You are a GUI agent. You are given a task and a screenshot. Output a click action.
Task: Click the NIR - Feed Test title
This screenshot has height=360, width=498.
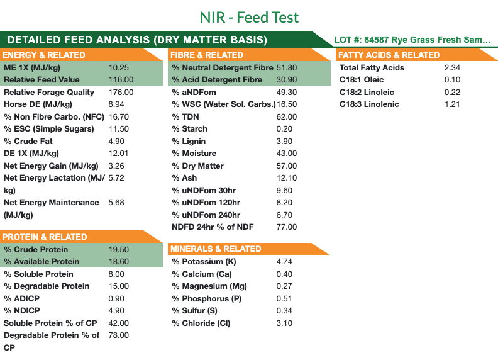pyautogui.click(x=249, y=17)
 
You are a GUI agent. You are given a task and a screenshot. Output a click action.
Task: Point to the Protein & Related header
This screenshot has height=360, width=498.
pyautogui.click(x=45, y=237)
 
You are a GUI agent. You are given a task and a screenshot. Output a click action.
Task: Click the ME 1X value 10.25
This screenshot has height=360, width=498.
pyautogui.click(x=119, y=67)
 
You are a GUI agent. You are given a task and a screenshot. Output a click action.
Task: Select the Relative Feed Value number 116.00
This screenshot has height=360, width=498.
pyautogui.click(x=121, y=80)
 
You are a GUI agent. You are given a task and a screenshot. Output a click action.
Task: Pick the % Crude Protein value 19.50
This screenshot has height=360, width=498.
pyautogui.click(x=119, y=249)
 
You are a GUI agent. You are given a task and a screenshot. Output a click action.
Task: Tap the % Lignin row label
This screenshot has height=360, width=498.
pyautogui.click(x=189, y=141)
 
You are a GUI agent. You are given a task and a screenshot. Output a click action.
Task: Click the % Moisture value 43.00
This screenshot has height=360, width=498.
pyautogui.click(x=287, y=154)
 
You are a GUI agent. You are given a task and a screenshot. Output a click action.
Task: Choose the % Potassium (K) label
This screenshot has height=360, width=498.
pyautogui.click(x=204, y=262)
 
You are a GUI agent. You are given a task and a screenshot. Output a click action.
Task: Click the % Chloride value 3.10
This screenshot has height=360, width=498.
pyautogui.click(x=284, y=323)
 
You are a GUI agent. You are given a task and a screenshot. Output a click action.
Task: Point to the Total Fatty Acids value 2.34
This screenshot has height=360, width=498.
pyautogui.click(x=452, y=67)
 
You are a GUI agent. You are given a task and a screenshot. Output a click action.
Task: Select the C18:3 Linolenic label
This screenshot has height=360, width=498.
pyautogui.click(x=369, y=104)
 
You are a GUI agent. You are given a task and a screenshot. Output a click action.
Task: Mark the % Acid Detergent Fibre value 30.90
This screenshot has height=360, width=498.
pyautogui.click(x=287, y=80)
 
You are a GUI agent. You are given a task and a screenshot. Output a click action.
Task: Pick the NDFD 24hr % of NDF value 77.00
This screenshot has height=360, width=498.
pyautogui.click(x=287, y=227)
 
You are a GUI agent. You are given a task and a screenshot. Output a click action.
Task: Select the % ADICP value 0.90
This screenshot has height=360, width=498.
pyautogui.click(x=116, y=298)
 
